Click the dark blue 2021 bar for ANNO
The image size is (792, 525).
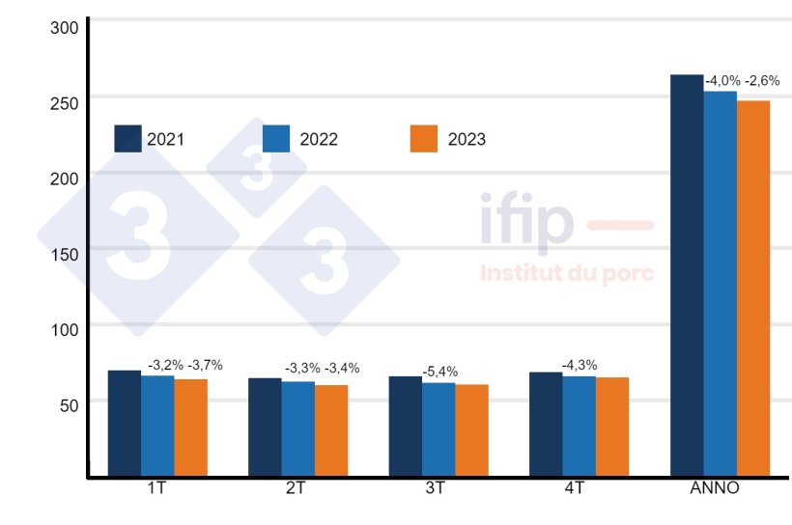(x=687, y=275)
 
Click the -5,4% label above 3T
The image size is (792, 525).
(x=439, y=372)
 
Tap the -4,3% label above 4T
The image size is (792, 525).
(x=579, y=365)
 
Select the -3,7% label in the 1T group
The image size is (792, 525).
(x=205, y=365)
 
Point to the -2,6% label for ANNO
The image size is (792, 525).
(x=762, y=81)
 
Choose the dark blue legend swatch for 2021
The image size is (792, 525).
(x=128, y=139)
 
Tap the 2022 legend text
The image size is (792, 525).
(x=319, y=140)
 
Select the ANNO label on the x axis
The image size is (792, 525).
(x=715, y=488)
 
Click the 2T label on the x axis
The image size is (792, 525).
(x=296, y=488)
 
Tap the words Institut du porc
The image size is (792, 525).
(x=567, y=273)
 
